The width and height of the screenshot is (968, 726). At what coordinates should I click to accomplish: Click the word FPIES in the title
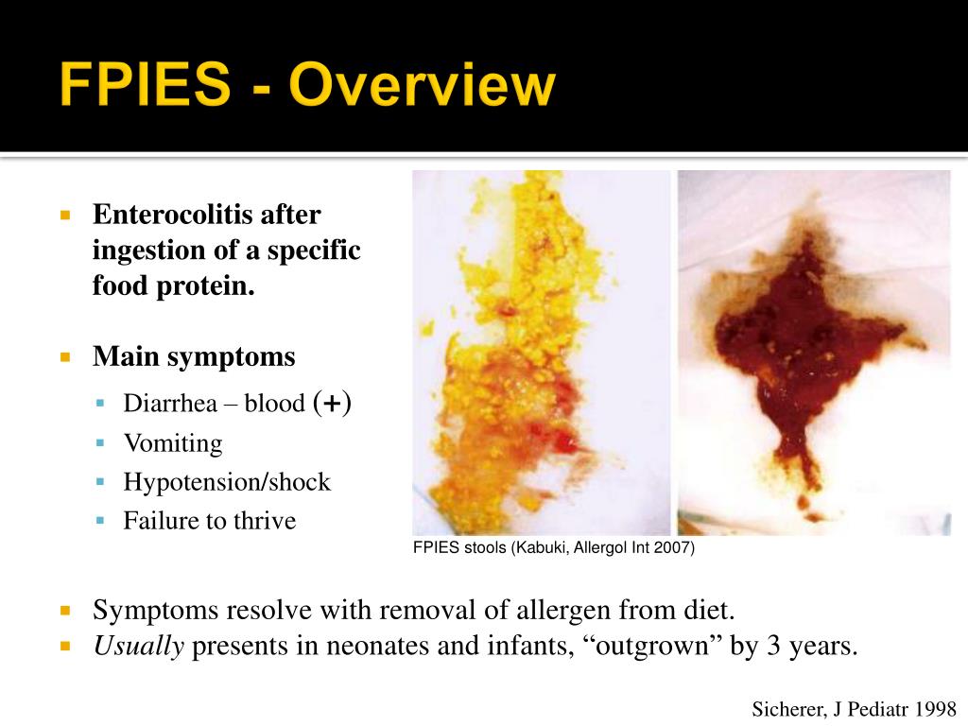point(145,86)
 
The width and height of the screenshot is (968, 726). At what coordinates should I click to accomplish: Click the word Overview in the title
point(422,86)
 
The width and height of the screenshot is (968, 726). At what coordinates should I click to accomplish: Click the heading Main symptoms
point(194,357)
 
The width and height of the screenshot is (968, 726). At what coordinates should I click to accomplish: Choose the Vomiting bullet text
point(173,443)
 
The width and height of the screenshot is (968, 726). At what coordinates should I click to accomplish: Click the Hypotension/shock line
point(227,482)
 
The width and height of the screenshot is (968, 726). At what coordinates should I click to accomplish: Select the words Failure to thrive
point(209,521)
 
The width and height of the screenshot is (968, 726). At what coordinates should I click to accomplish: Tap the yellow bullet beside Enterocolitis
point(65,215)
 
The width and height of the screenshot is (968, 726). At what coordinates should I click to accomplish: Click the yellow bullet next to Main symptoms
point(65,357)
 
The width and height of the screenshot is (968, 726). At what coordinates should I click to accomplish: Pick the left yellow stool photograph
point(541,352)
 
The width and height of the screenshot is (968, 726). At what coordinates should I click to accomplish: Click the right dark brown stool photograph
point(814,352)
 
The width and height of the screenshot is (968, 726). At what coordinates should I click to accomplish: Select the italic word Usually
point(138,648)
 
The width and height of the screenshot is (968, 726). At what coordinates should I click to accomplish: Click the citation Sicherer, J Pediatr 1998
point(855,708)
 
